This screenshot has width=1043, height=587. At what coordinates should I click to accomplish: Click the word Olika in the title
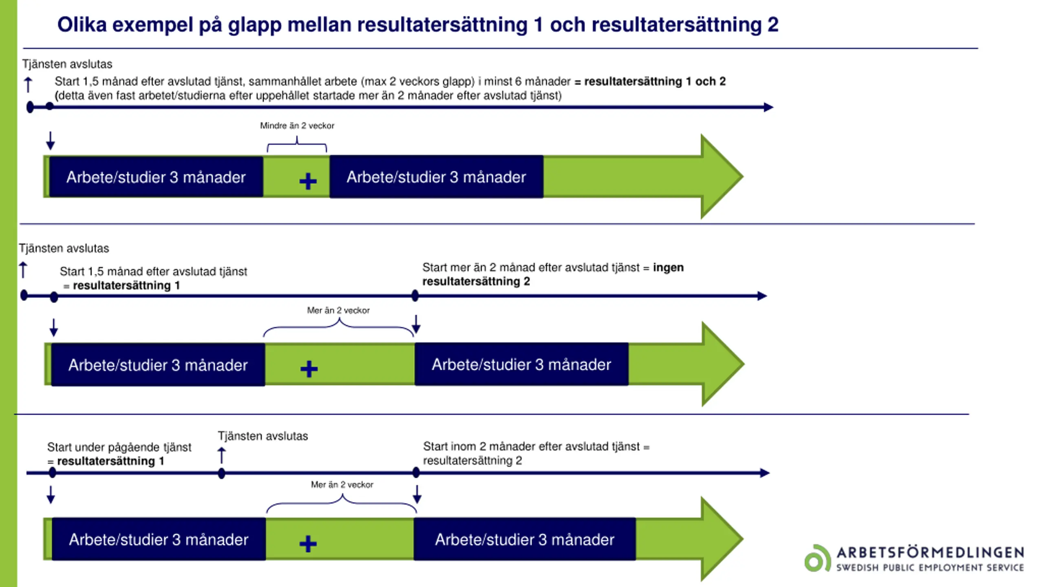click(82, 24)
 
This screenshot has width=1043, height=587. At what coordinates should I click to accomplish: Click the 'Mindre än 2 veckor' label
click(297, 126)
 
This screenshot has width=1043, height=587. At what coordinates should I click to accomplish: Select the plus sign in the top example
click(308, 181)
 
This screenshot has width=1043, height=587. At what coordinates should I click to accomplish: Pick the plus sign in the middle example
click(309, 369)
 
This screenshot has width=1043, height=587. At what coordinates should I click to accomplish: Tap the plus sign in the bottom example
click(308, 544)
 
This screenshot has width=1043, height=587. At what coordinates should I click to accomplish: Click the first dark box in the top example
click(156, 177)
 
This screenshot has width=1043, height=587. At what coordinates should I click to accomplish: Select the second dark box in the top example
click(436, 177)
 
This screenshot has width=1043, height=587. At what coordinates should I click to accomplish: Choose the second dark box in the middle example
click(521, 364)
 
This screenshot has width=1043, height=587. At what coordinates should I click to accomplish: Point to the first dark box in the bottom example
click(159, 539)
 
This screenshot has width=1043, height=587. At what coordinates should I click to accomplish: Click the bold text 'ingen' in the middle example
click(668, 267)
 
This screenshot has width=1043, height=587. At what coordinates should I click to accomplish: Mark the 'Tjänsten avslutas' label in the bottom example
click(263, 436)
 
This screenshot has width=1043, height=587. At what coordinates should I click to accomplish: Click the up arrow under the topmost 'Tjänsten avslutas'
click(28, 85)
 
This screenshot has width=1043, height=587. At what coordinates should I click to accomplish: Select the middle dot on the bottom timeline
click(222, 474)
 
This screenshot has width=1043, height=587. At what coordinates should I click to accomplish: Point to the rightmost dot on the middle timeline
click(415, 296)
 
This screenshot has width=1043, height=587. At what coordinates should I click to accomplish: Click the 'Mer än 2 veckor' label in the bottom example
click(342, 485)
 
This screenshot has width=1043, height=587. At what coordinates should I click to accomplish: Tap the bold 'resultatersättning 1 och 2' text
click(655, 82)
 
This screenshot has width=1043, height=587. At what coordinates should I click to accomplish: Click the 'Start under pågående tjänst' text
click(119, 447)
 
